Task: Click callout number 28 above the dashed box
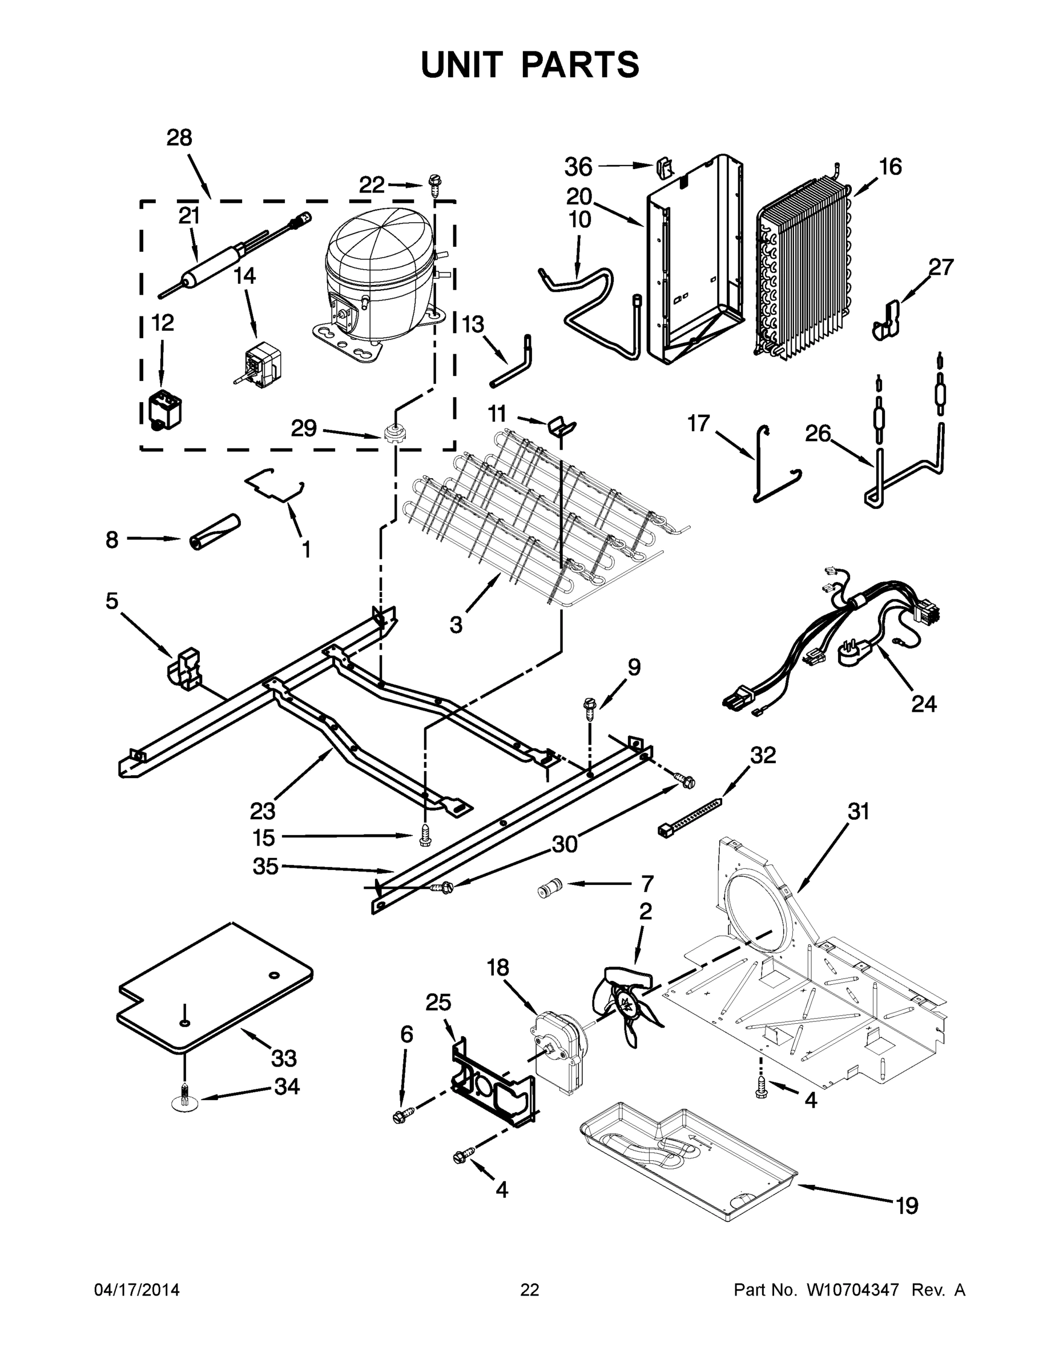[x=179, y=138]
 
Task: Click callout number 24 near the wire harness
[x=924, y=704]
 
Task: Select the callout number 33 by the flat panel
[x=284, y=1059]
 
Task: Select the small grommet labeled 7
[x=549, y=889]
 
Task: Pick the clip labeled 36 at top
[x=665, y=166]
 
